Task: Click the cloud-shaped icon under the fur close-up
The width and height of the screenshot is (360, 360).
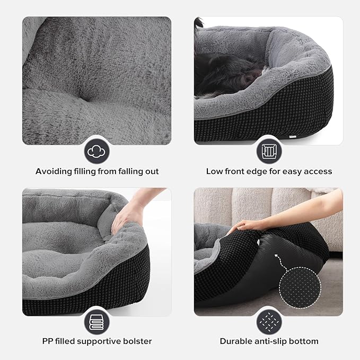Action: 97,151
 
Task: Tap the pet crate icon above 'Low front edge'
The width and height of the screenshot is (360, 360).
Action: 269,151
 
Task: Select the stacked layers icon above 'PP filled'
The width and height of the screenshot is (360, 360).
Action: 97,322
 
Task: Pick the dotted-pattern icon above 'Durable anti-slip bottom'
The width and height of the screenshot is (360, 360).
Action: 269,322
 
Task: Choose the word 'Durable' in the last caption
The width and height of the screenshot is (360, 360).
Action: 236,341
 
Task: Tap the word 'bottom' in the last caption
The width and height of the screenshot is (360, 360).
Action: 305,341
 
